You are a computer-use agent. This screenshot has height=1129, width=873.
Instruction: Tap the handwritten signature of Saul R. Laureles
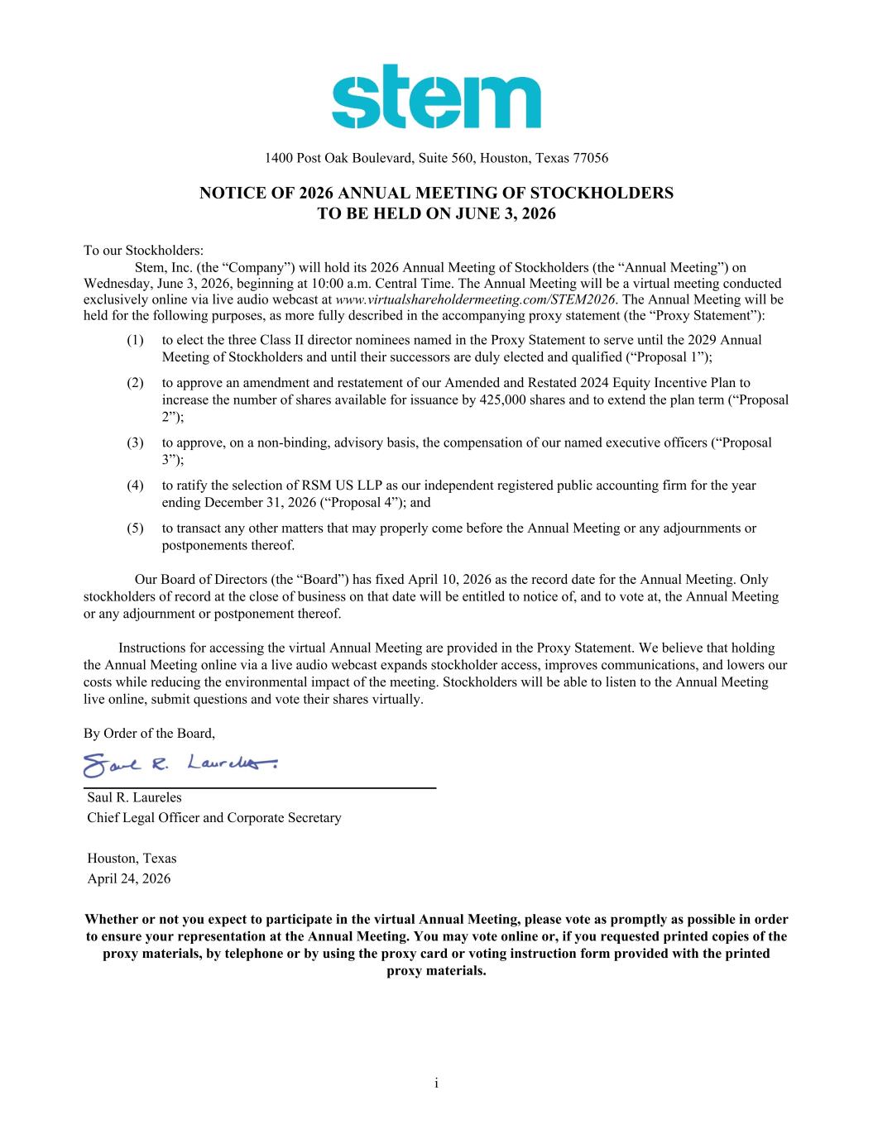click(180, 765)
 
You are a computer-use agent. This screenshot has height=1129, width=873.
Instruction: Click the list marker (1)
click(136, 340)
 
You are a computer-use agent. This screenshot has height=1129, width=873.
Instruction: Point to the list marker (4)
click(136, 486)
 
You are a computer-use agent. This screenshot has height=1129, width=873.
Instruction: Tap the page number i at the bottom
click(436, 1083)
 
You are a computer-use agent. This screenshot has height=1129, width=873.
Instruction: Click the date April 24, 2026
click(129, 878)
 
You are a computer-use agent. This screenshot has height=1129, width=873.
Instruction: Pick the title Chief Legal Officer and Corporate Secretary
click(214, 818)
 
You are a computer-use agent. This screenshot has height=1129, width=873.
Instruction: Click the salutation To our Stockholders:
click(143, 250)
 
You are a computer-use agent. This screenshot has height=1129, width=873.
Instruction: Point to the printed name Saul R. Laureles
click(134, 798)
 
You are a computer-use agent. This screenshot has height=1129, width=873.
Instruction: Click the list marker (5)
click(136, 528)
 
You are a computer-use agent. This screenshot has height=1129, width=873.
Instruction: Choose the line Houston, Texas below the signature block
click(132, 859)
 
